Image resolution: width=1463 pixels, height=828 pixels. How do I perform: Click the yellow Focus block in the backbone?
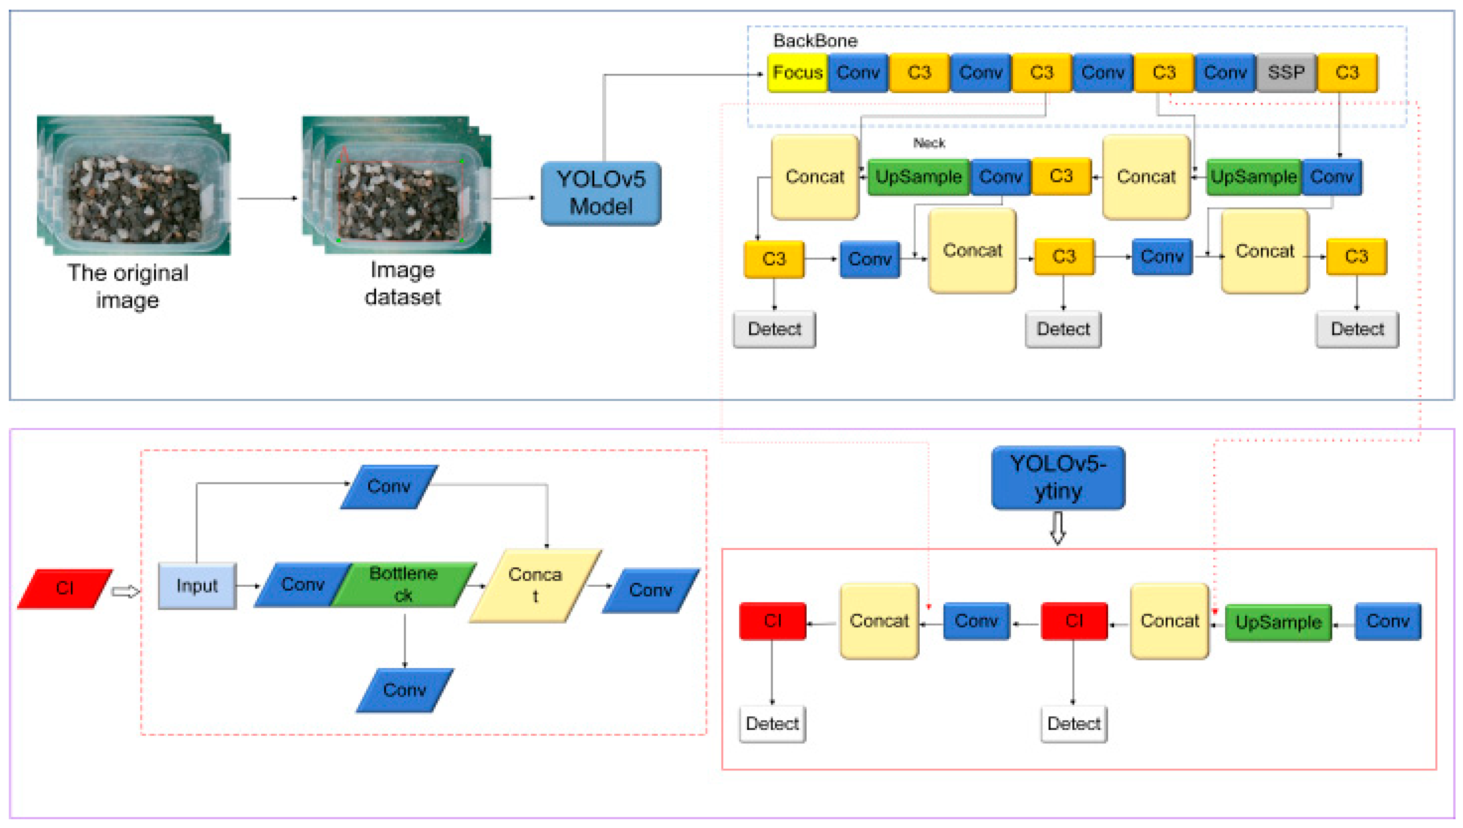click(797, 73)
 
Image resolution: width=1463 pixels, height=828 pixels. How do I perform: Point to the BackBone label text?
click(815, 41)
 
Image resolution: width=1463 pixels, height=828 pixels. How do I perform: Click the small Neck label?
click(929, 143)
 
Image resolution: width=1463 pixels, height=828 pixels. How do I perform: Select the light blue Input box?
click(197, 586)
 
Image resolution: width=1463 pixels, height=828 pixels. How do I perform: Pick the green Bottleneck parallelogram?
click(403, 585)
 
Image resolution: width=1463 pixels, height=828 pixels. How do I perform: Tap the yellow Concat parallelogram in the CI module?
click(535, 586)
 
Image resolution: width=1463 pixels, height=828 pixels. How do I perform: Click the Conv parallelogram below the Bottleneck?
click(404, 690)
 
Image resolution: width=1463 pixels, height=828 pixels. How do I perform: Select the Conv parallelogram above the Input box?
click(389, 487)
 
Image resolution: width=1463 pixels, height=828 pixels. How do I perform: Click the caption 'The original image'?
click(127, 287)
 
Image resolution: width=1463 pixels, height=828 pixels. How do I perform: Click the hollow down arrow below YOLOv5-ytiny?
click(1057, 528)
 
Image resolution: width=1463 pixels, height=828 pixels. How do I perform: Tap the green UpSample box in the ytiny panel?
click(1277, 623)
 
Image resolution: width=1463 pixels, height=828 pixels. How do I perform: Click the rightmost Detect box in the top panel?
click(1357, 329)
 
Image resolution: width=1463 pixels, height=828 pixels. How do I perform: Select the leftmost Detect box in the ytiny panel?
click(772, 724)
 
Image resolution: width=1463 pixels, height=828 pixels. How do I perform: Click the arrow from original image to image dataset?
click(267, 199)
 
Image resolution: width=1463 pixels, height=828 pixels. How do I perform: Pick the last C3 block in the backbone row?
click(1347, 73)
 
